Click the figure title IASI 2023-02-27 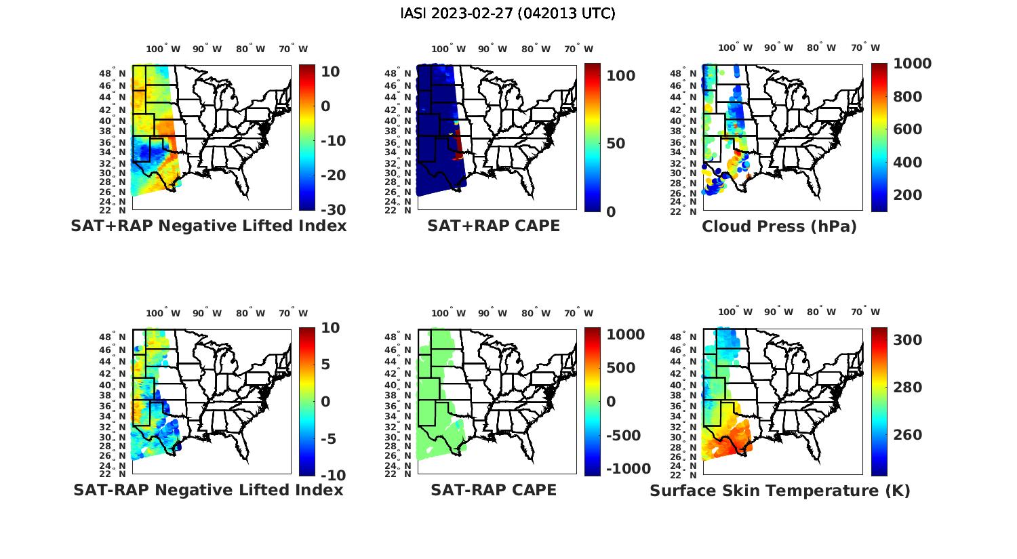point(508,14)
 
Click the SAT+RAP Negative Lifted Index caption point(209,226)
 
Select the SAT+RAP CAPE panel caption point(494,226)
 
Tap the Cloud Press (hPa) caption point(779,226)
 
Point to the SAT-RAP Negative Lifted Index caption point(209,490)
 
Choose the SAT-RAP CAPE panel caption point(494,490)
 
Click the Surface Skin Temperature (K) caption point(780,491)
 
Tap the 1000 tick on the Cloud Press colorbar point(913,64)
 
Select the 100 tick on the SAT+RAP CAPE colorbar point(620,76)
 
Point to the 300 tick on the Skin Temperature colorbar point(908,340)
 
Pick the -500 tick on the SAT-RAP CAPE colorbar point(622,435)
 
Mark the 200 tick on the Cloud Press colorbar point(908,195)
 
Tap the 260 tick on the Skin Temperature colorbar point(908,435)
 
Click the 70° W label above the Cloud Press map point(865,48)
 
